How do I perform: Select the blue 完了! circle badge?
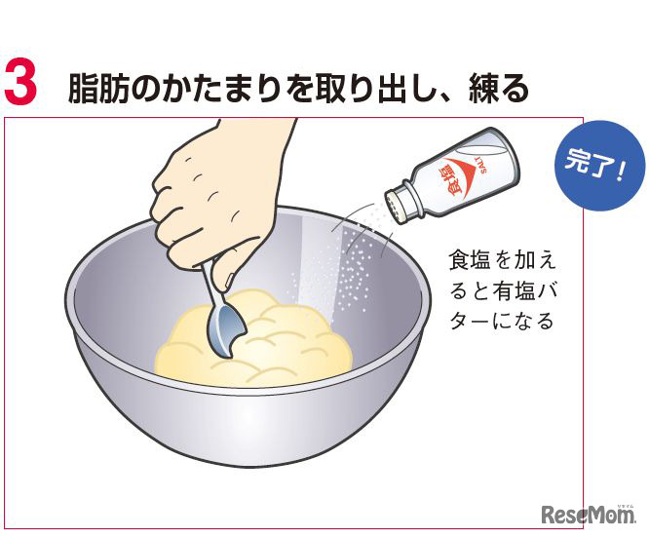tap(599, 166)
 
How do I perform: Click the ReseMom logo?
tap(589, 514)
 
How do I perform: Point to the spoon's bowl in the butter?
tap(226, 330)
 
